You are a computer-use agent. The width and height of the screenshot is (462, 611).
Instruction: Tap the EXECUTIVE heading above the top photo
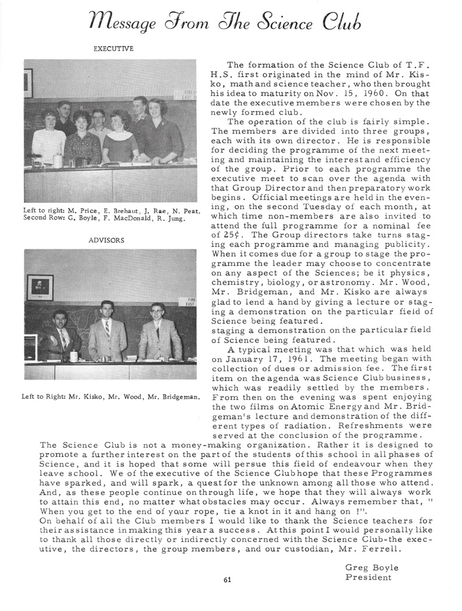[x=113, y=49]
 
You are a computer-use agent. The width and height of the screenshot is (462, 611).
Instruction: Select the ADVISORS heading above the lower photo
[x=111, y=240]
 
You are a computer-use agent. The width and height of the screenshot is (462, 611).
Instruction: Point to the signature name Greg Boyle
[x=371, y=567]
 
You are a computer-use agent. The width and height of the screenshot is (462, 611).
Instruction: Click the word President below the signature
[x=368, y=577]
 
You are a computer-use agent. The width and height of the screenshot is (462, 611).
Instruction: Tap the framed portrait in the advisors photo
[x=41, y=288]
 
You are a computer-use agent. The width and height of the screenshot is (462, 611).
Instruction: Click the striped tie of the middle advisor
[x=107, y=328]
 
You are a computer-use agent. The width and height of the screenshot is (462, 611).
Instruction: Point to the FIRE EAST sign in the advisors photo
[x=191, y=301]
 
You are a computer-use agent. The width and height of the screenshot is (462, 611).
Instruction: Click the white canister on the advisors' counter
[x=73, y=356]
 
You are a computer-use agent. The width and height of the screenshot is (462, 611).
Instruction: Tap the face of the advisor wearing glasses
[x=158, y=312]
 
